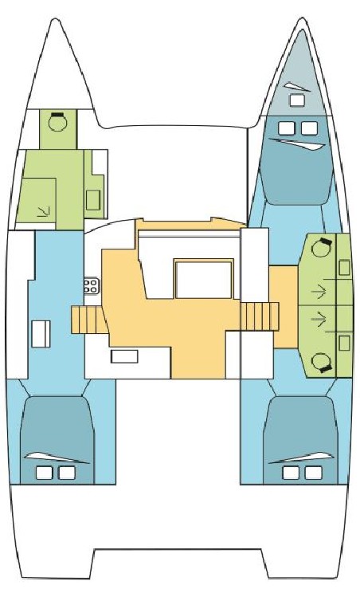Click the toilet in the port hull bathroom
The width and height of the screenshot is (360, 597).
57,123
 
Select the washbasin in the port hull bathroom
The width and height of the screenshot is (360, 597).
93,199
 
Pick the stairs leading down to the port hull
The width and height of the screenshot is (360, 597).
85,319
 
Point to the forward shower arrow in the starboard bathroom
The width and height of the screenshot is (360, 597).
318,289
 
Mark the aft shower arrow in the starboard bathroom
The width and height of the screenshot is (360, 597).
318,320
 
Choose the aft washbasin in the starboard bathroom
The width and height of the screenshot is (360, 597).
344,343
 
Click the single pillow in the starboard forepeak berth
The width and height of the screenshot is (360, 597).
298,100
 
